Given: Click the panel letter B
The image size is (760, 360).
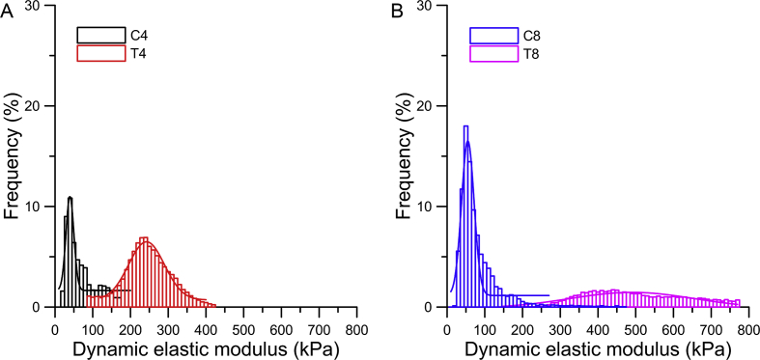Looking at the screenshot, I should click(396, 11).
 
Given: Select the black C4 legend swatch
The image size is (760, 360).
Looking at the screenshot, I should click(101, 36).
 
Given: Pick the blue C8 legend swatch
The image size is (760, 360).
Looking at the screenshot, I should click(493, 36).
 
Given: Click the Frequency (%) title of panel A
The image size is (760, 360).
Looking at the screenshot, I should click(14, 156).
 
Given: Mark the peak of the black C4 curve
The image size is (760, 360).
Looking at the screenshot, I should click(70, 198).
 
